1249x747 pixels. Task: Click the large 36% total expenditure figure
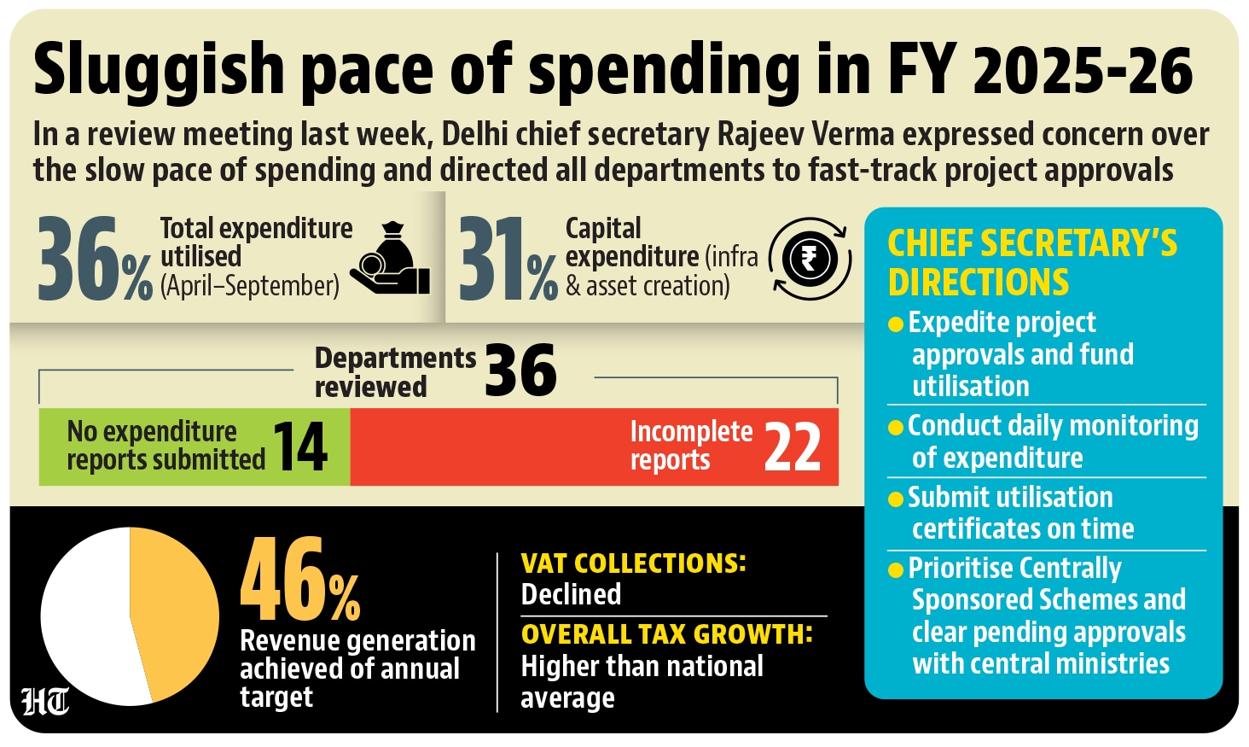(94, 259)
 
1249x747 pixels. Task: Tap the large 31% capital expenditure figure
(507, 259)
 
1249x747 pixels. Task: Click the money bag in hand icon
(392, 260)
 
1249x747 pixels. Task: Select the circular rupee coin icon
(810, 259)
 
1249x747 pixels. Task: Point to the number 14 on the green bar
(299, 446)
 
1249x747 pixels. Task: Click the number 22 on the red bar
(792, 446)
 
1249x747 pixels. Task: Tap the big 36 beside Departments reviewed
(520, 371)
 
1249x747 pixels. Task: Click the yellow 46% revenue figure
(299, 581)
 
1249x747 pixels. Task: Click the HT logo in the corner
(45, 702)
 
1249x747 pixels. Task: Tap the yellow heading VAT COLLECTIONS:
(633, 563)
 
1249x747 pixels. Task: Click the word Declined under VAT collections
(571, 594)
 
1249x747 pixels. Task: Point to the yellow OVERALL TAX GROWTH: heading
(666, 634)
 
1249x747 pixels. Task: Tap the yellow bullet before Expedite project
(895, 324)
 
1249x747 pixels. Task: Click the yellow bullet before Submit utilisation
(895, 499)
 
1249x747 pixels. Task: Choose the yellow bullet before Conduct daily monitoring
(895, 427)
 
